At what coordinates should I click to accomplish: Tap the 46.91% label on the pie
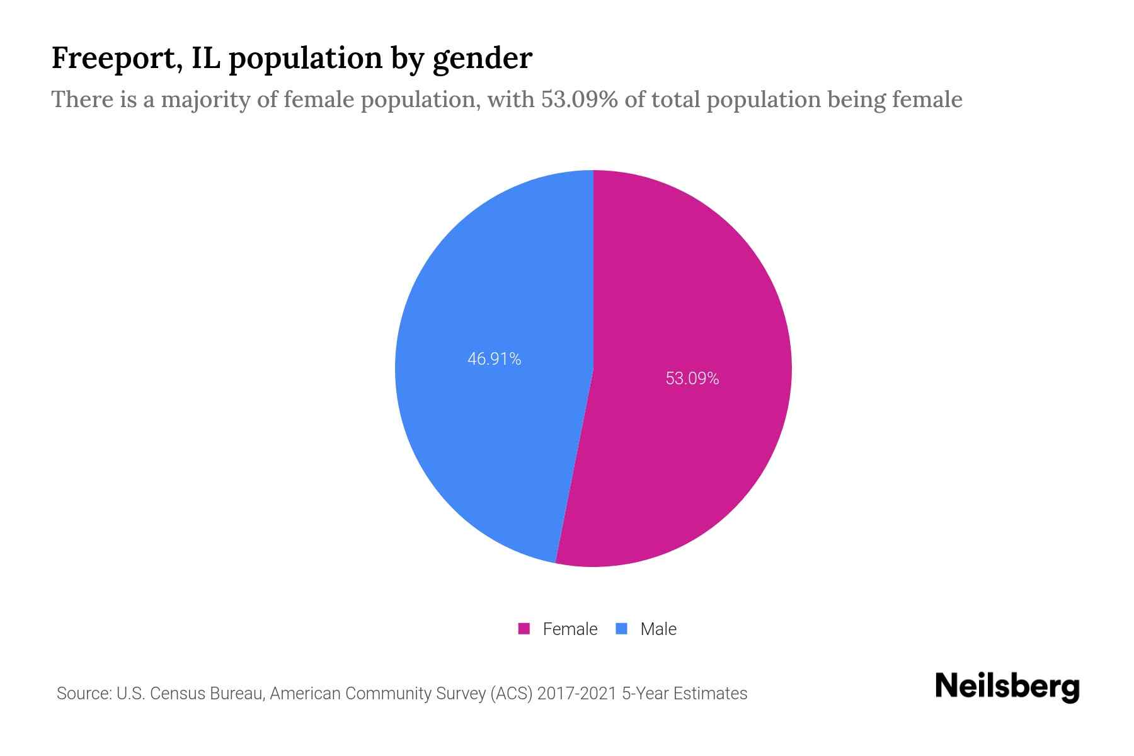(494, 359)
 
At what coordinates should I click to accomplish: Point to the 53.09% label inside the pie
(692, 379)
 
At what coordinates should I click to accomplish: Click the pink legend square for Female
(524, 629)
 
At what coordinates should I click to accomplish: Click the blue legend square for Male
(622, 629)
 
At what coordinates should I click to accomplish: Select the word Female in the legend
(570, 629)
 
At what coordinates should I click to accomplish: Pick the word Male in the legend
(658, 629)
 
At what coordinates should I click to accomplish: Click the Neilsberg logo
(1007, 687)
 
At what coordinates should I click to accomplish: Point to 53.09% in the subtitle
(579, 100)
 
